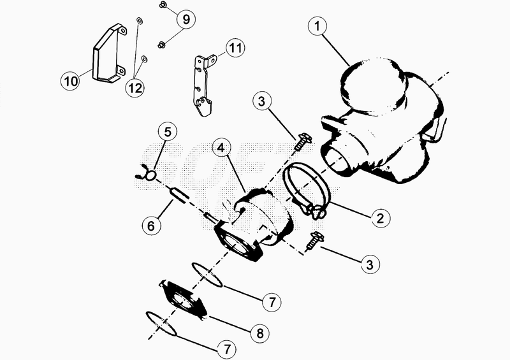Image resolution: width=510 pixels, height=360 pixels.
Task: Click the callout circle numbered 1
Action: click(317, 26)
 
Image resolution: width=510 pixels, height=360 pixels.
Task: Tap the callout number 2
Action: click(380, 218)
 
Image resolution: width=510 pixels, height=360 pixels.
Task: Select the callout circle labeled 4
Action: click(221, 148)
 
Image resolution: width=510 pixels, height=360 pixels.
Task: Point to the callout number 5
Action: click(168, 133)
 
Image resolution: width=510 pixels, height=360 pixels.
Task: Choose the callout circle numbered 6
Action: click(151, 226)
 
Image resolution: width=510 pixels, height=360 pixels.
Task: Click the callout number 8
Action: click(259, 333)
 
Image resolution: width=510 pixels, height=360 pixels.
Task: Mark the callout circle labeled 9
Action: click(186, 20)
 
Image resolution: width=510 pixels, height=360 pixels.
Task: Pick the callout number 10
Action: click(71, 81)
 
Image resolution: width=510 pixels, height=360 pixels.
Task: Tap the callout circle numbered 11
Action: click(235, 48)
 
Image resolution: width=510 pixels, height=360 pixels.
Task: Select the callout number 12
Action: click(135, 88)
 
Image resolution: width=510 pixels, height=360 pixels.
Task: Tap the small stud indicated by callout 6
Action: click(180, 196)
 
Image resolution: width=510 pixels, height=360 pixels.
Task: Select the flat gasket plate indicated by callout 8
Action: click(183, 300)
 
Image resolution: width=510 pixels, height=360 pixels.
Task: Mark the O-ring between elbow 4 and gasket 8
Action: click(207, 275)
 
